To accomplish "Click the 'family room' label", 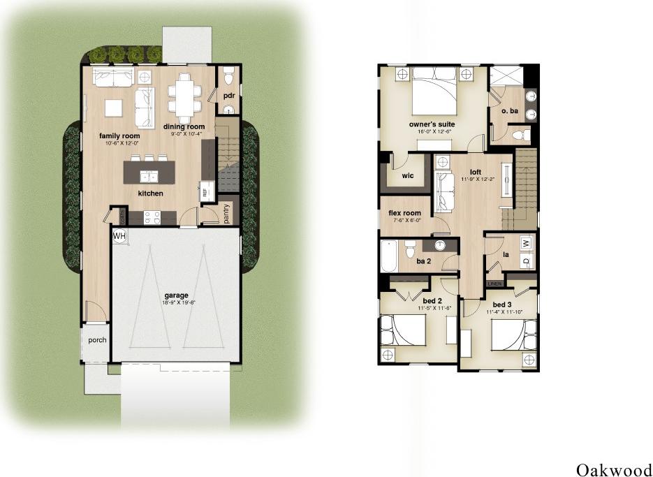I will click(x=119, y=135).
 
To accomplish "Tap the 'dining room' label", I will click(x=184, y=126).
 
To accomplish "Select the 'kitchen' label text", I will click(x=150, y=193).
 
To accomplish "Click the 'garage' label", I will click(x=176, y=295).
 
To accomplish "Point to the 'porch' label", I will click(x=97, y=341).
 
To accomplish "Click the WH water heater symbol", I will click(x=120, y=236).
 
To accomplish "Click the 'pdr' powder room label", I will click(x=228, y=96).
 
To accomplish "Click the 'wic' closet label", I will click(x=409, y=175).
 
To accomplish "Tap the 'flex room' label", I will click(x=404, y=213).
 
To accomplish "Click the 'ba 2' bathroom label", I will click(x=423, y=262).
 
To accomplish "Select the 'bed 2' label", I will click(x=434, y=301).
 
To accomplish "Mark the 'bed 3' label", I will click(x=503, y=305).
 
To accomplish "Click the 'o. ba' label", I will click(x=509, y=111).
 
